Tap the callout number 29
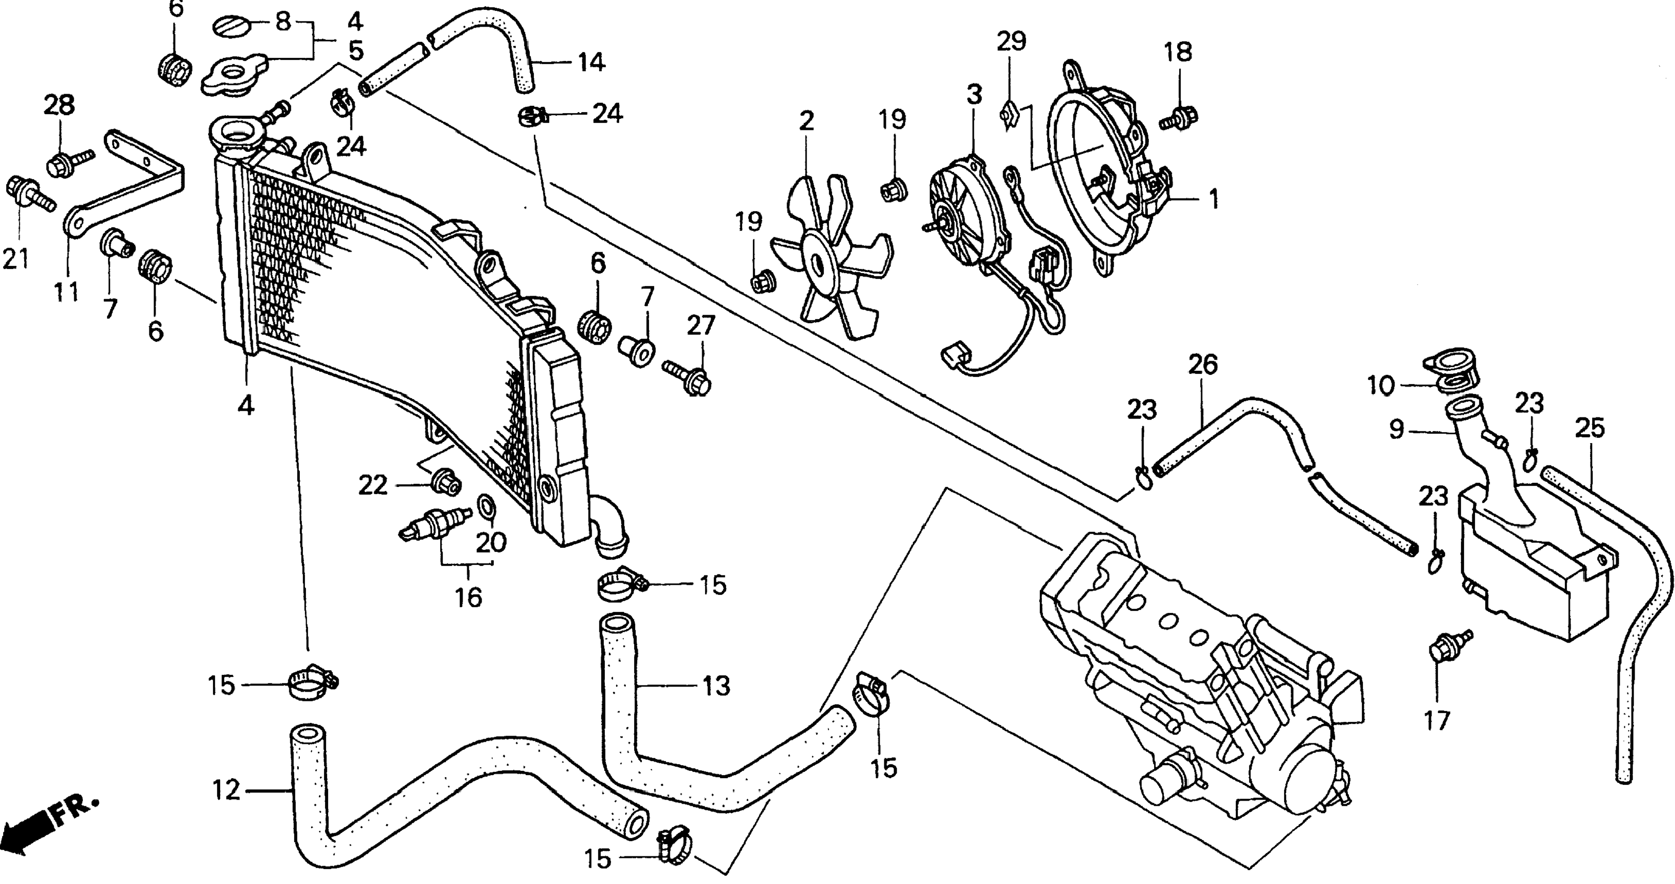1012,41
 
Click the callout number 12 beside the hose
226,790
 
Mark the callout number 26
1203,365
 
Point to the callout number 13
716,687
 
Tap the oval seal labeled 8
233,27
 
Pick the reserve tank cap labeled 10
1454,372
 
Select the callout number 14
592,62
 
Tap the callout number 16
469,598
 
